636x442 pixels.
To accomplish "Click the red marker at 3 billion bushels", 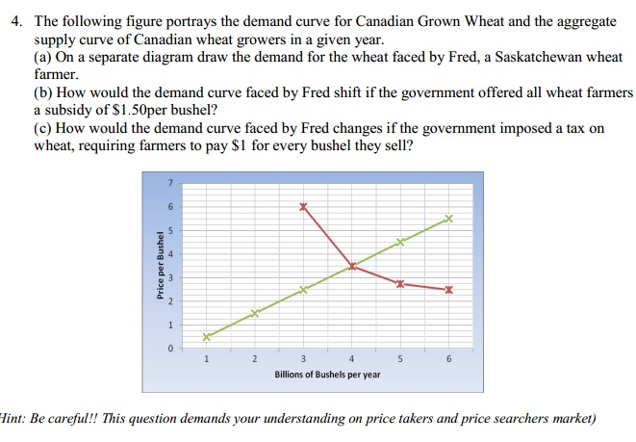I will click(x=303, y=207).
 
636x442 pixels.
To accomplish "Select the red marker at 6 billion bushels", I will click(x=448, y=289).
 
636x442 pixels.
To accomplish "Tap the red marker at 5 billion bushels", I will click(x=400, y=282).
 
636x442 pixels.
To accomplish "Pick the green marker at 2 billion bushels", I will click(x=255, y=313).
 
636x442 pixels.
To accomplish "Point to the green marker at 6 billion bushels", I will click(x=448, y=220).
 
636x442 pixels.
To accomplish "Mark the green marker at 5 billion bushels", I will click(x=400, y=243).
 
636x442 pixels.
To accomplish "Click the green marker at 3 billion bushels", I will click(x=303, y=289).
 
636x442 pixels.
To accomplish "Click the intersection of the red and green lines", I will click(x=352, y=266).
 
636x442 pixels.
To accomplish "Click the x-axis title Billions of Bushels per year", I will click(x=326, y=374).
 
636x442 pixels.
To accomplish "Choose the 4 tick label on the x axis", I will click(x=352, y=359).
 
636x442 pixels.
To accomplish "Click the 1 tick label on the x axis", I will click(x=206, y=359).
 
